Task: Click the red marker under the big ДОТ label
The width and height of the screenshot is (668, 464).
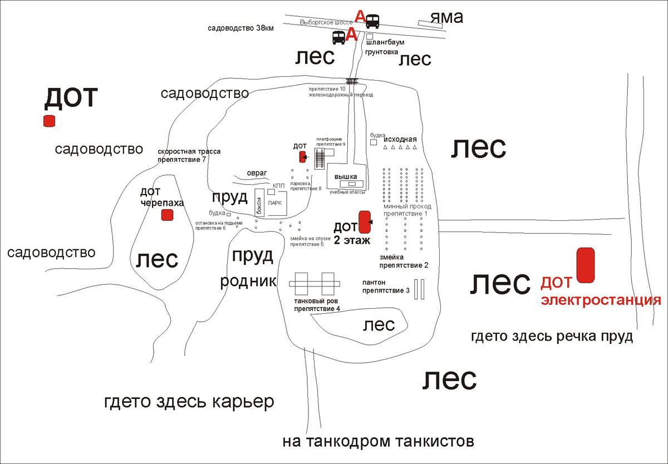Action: pyautogui.click(x=50, y=121)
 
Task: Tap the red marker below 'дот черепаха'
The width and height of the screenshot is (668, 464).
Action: pyautogui.click(x=166, y=215)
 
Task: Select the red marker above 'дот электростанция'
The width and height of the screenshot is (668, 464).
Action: pyautogui.click(x=585, y=265)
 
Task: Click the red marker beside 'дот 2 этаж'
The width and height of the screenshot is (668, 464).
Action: pyautogui.click(x=365, y=221)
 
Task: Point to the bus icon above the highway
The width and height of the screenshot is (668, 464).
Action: pyautogui.click(x=372, y=21)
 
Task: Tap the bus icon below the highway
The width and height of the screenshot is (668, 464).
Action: pyautogui.click(x=338, y=37)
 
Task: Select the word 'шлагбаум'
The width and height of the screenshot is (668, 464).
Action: pyautogui.click(x=385, y=42)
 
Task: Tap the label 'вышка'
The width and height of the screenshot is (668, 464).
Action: pyautogui.click(x=345, y=176)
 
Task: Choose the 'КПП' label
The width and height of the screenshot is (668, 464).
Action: pyautogui.click(x=279, y=185)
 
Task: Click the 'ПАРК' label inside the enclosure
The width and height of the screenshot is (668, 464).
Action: pyautogui.click(x=275, y=203)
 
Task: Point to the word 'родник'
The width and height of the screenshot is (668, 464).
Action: pyautogui.click(x=248, y=281)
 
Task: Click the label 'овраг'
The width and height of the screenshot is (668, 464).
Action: pyautogui.click(x=257, y=172)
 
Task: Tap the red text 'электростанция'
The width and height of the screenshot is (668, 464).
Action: pyautogui.click(x=601, y=301)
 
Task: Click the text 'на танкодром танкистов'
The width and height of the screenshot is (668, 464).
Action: pyautogui.click(x=378, y=442)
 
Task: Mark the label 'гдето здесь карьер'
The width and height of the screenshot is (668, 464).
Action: pyautogui.click(x=189, y=402)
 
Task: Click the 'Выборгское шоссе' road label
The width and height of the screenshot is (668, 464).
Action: pyautogui.click(x=326, y=22)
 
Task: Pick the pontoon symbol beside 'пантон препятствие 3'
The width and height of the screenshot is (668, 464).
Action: pyautogui.click(x=419, y=289)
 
